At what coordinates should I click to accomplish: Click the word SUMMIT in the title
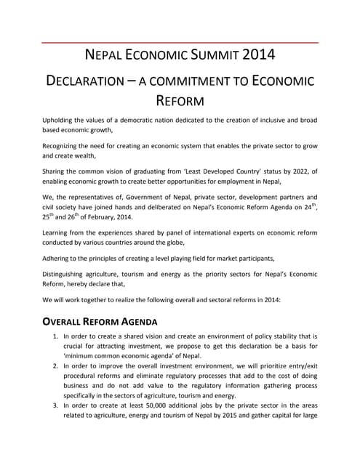[x=212, y=55]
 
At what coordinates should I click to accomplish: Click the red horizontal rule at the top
[x=180, y=42]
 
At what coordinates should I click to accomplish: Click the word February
[x=104, y=216]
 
